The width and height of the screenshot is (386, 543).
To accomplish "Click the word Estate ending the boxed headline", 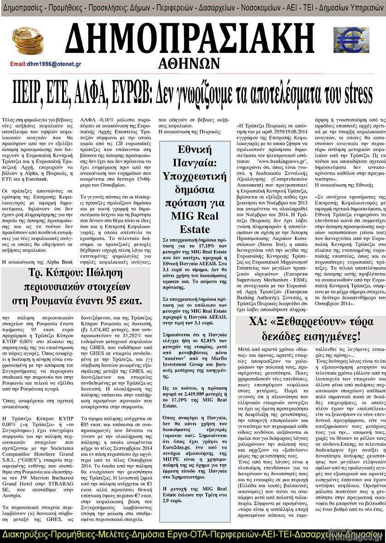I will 195,229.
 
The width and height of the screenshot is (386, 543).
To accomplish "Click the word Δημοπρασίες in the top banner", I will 24,8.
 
